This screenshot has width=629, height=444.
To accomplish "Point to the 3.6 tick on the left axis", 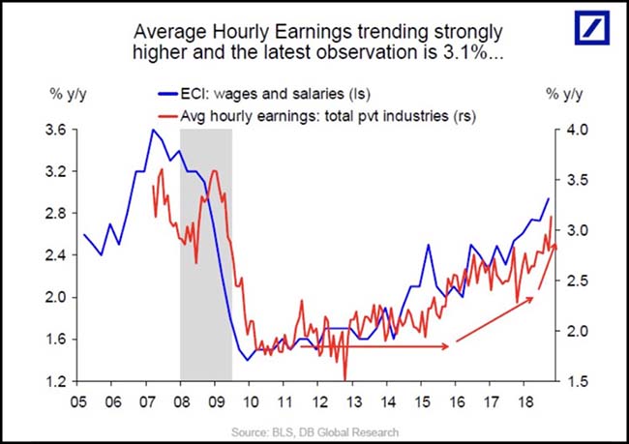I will (x=56, y=130).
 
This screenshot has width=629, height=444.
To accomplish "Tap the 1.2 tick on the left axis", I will (x=56, y=382).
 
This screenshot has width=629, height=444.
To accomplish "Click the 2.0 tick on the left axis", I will (x=56, y=298).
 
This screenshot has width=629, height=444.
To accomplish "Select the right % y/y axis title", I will (x=563, y=95).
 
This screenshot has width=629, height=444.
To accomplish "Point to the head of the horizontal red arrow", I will (x=446, y=345).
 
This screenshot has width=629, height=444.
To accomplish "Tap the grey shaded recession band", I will (x=205, y=252).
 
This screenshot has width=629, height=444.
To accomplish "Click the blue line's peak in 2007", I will (x=152, y=130).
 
